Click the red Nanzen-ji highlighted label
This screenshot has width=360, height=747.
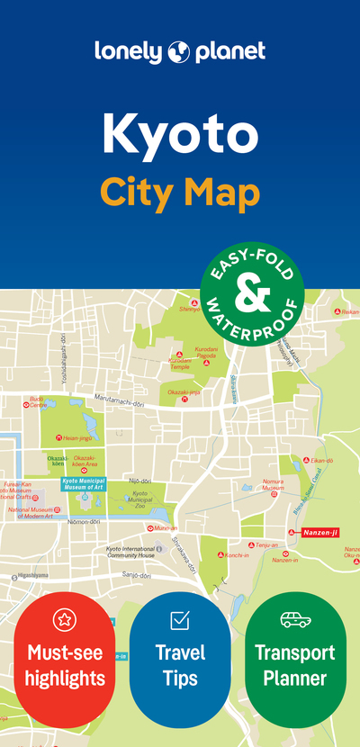coord(319,533)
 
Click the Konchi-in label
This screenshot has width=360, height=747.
coord(236,555)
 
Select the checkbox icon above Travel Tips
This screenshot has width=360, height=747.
coord(179,620)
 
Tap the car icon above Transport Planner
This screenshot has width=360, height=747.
coord(294,620)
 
